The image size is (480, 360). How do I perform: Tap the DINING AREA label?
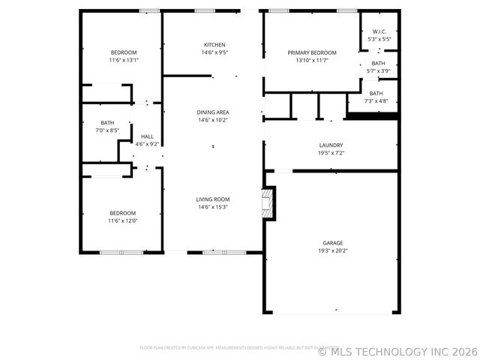pos(213,112)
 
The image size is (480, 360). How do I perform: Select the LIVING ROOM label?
pos(212,199)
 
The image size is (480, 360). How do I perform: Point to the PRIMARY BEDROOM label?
pos(312,52)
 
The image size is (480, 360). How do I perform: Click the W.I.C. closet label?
pos(379,31)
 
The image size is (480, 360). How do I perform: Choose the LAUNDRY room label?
pos(331,145)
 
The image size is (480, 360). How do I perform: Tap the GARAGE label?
pos(333,243)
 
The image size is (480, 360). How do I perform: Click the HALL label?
pos(146,136)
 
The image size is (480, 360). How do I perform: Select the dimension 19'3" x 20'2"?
pos(333,250)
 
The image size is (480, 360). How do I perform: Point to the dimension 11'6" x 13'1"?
pos(124,60)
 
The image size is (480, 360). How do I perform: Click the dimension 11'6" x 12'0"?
pos(123,220)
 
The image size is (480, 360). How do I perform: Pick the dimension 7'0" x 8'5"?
pos(108,130)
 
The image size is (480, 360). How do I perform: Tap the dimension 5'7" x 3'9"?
pos(378,71)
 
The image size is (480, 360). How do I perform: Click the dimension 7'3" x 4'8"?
pos(376,100)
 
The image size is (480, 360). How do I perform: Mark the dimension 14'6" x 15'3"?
pos(212,207)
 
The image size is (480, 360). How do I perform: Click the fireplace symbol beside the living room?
pos(266,203)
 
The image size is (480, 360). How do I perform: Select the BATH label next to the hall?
pos(108,122)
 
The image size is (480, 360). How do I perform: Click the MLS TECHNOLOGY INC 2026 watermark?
pos(397,350)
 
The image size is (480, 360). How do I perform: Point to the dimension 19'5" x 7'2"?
pos(331,153)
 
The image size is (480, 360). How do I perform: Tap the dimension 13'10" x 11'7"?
pos(312,60)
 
